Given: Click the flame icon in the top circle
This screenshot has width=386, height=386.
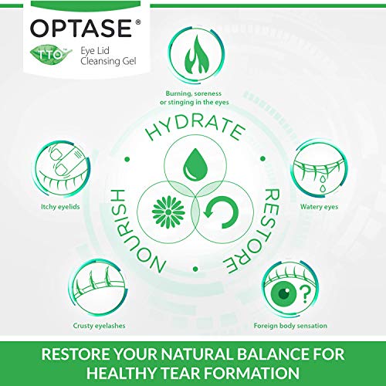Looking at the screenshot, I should pos(193,55).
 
